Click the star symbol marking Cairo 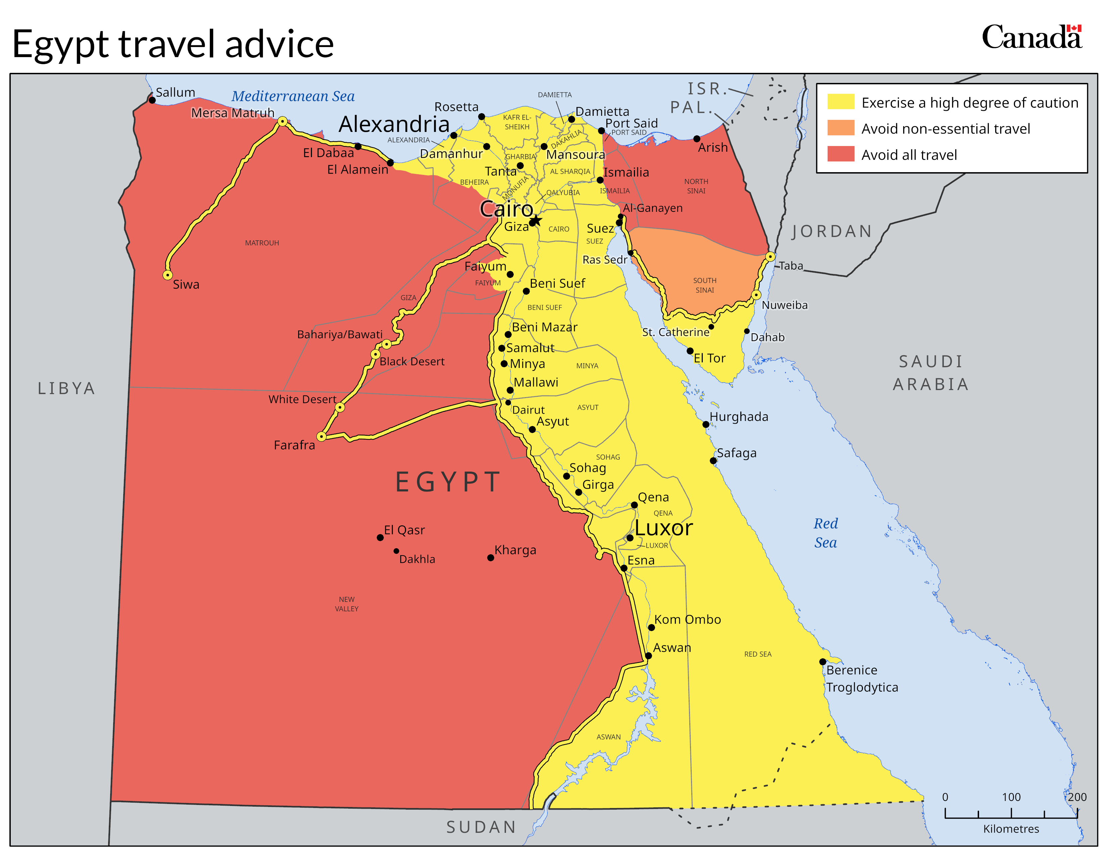click(536, 221)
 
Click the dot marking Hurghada click(706, 424)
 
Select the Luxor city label click(663, 528)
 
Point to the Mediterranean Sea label click(293, 96)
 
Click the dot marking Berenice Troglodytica click(822, 662)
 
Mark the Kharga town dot click(491, 558)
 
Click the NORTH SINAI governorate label click(696, 186)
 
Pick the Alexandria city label click(394, 124)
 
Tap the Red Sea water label click(825, 533)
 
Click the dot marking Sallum click(152, 100)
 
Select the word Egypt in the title click(60, 45)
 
